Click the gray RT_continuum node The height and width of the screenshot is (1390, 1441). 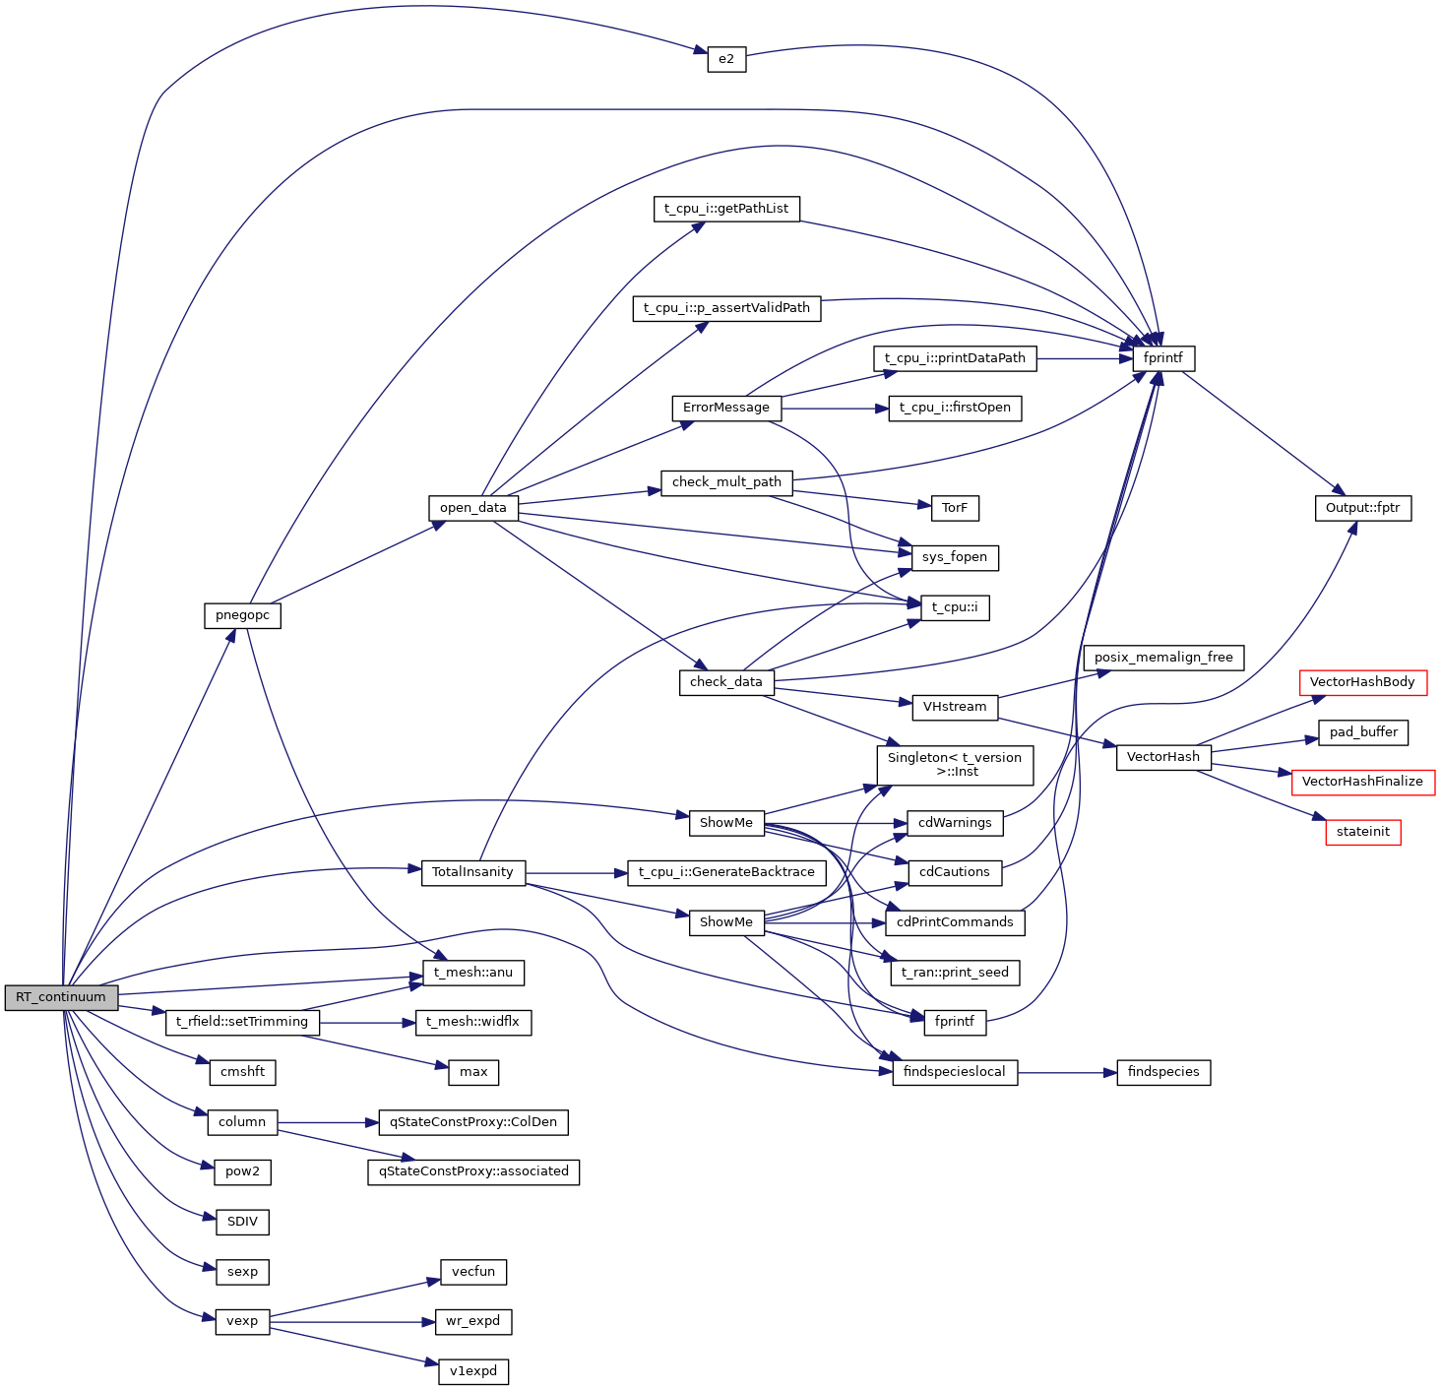tap(61, 997)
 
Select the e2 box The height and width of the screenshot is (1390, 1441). tap(726, 59)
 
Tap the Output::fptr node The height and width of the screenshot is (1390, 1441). tap(1362, 508)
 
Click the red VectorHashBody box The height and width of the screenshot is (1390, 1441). tap(1362, 682)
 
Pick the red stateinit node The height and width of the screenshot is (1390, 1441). tap(1362, 832)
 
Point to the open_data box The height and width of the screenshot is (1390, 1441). tap(472, 508)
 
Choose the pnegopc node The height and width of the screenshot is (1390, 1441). tap(242, 615)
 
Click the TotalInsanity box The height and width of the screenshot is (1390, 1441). tap(472, 872)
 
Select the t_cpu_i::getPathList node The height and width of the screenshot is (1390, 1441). tap(726, 209)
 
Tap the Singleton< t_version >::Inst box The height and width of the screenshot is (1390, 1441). tap(955, 765)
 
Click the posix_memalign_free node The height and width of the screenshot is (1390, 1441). tap(1163, 658)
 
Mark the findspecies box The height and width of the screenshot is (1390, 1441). tap(1163, 1072)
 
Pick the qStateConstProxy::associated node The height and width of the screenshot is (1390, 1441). tap(473, 1171)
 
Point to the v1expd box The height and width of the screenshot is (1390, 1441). tap(473, 1371)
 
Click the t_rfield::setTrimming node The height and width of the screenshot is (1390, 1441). tap(242, 1022)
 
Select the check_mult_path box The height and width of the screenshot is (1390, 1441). tap(726, 482)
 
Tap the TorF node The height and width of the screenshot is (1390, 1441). tap(955, 508)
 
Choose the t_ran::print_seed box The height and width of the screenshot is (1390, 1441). tap(955, 973)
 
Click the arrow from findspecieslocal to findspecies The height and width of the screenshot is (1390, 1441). tap(1067, 1072)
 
